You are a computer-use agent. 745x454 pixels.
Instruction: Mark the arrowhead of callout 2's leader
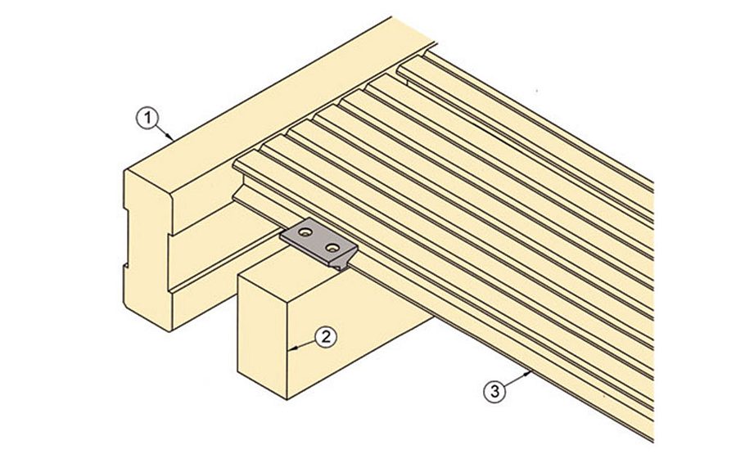(292, 349)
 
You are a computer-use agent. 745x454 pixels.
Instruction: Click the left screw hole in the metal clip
(305, 234)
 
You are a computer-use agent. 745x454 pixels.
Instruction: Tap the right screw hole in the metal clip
(332, 244)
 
